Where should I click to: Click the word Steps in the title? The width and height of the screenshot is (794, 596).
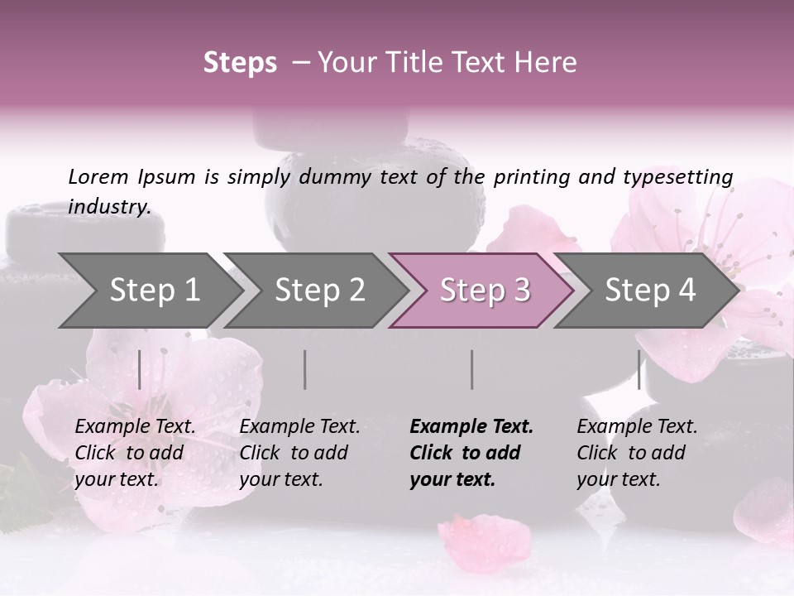tap(240, 62)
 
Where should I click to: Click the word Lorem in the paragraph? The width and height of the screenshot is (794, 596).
tap(98, 176)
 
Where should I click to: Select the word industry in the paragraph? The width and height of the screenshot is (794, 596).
tap(109, 206)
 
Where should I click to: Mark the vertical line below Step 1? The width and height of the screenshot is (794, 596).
tap(140, 369)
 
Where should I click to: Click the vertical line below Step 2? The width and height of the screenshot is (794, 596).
tap(305, 369)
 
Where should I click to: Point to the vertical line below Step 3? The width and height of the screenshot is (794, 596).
tap(472, 369)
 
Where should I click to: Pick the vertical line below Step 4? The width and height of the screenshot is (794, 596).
tap(639, 369)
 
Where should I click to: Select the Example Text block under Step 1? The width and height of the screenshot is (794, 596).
tap(135, 453)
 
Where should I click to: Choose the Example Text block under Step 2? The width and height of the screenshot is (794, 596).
tap(299, 453)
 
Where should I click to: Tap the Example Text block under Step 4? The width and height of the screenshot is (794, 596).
tap(637, 453)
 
